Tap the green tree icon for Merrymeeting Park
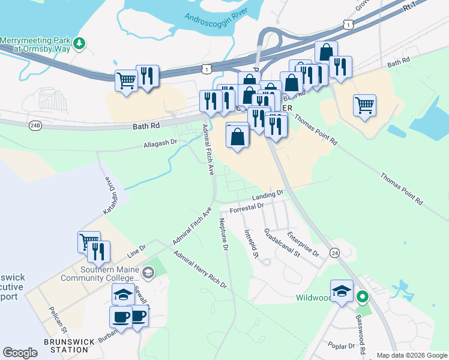[x=79, y=43]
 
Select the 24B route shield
[x=34, y=125]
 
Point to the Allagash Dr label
[x=160, y=144]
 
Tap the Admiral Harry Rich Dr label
[x=199, y=270]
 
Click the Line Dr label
[x=136, y=248]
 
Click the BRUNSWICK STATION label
[x=69, y=346]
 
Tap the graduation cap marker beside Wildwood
[x=342, y=291]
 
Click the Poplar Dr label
[x=342, y=346]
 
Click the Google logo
[x=20, y=353]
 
